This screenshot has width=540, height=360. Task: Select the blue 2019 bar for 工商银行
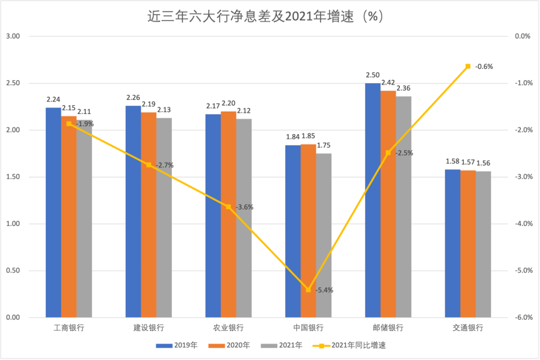(x=53, y=212)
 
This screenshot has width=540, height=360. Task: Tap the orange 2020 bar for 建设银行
(x=148, y=215)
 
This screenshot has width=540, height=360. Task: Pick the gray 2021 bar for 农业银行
(x=244, y=218)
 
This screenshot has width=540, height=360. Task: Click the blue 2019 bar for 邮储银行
(x=372, y=200)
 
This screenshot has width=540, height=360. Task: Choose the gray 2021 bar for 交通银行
(x=483, y=244)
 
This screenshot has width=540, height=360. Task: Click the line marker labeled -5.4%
(x=308, y=289)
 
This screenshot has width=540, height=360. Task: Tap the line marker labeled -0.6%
(x=468, y=66)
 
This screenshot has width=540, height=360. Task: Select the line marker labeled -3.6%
(x=228, y=206)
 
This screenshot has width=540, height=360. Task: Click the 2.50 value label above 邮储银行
(x=372, y=75)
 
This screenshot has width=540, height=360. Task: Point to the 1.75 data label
(x=323, y=145)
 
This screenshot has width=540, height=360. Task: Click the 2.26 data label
(x=133, y=98)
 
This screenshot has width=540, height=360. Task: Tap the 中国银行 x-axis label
(x=308, y=328)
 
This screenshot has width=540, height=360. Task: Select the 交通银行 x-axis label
(x=468, y=328)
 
